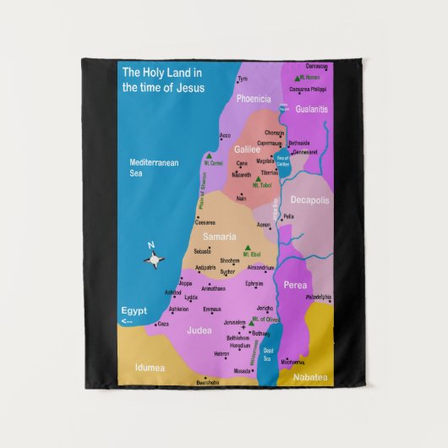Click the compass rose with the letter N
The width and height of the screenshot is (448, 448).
[x=154, y=258]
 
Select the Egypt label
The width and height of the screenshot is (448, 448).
[x=134, y=310]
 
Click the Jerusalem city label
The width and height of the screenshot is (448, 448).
[x=234, y=323]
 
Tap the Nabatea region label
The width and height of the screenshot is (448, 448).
[x=310, y=377]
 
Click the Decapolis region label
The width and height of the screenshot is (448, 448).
[x=309, y=200]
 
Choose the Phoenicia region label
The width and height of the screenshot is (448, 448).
[x=254, y=99]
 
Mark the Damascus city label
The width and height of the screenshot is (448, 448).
[x=317, y=66]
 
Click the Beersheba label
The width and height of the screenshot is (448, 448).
[x=207, y=382]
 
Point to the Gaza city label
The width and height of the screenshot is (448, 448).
[x=163, y=323]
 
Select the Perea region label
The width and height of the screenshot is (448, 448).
[x=295, y=286]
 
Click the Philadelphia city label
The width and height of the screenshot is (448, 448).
[x=319, y=298]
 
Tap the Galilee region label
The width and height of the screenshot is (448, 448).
[x=247, y=149]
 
